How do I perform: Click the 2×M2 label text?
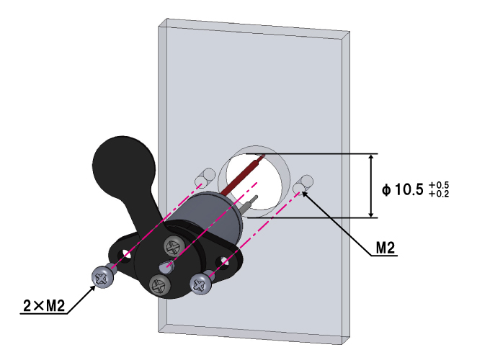[x=44, y=306]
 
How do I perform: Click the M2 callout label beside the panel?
[x=386, y=248]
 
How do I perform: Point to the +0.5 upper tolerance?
[x=439, y=185]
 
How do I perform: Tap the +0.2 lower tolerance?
[x=439, y=194]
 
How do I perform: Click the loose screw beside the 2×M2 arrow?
[x=103, y=276]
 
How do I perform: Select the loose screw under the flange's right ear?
[x=202, y=283]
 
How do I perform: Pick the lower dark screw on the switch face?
[x=159, y=284]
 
